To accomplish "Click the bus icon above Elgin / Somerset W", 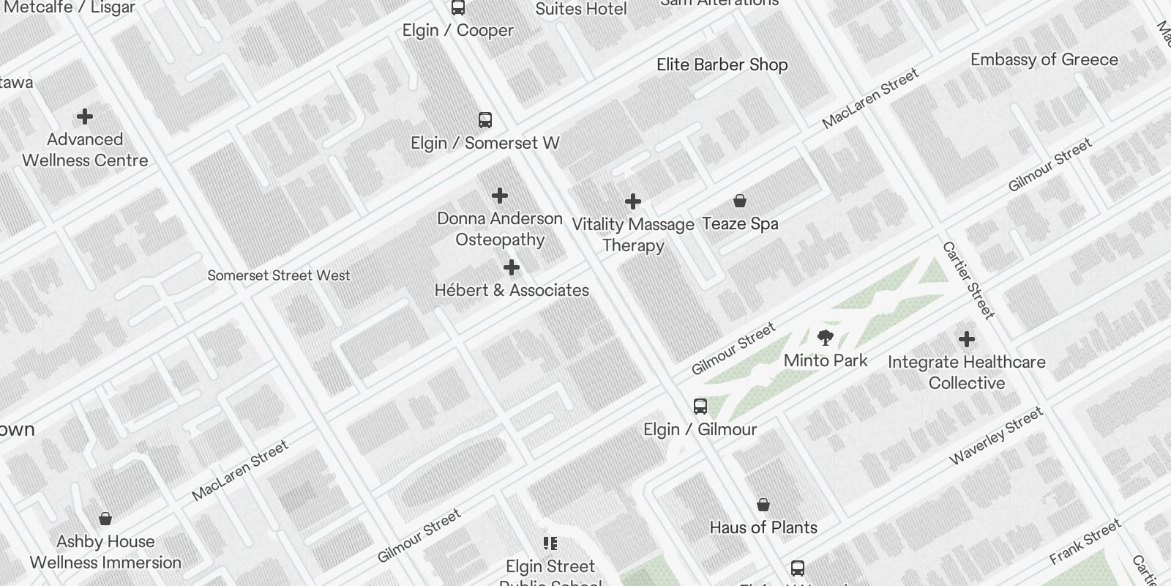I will pos(485,120).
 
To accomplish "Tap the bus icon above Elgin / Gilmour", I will pos(700,407).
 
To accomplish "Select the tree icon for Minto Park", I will pos(826,338).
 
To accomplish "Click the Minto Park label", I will pos(826,360).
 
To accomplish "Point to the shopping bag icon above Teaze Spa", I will pos(740,201).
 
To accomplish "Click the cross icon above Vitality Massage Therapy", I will pos(633,201).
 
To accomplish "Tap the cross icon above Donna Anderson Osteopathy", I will pos(500,196).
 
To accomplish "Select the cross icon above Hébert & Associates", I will pos(512,267).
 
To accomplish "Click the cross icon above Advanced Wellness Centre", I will pos(85,116).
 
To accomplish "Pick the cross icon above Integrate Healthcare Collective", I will pos(967,339).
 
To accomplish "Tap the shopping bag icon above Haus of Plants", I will pos(763,505).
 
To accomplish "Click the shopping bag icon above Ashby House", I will pos(105,519).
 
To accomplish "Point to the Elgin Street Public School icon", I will pos(550,544).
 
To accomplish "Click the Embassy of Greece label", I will pos(1044,60).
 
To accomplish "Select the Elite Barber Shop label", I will pos(722,64).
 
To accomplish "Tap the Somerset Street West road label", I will pos(279,275).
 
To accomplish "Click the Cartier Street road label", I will pos(968,281).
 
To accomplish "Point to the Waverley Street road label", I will pos(995,437).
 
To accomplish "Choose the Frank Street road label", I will pos(1085,541).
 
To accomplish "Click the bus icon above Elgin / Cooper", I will pos(458,7).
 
